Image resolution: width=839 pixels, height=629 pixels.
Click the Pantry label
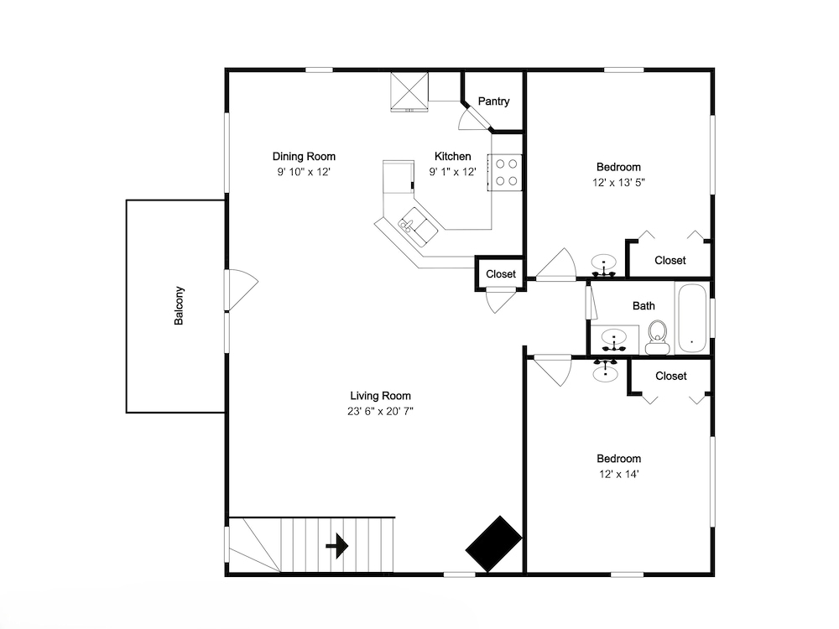click(x=493, y=101)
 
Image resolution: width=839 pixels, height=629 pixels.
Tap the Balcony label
click(x=179, y=305)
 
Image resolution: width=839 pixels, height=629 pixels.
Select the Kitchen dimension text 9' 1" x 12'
click(x=453, y=172)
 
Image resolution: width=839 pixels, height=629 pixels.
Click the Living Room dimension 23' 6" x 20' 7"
click(x=380, y=411)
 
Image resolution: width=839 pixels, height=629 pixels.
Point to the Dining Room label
click(x=304, y=157)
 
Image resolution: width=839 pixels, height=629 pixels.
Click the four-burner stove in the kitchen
click(x=504, y=172)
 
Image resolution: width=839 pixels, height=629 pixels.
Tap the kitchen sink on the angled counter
click(x=417, y=226)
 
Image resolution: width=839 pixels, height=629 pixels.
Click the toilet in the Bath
click(x=658, y=337)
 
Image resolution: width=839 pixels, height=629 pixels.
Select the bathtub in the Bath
click(x=692, y=318)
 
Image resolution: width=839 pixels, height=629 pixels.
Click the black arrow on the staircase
click(x=337, y=546)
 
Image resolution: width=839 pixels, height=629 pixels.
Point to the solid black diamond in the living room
click(x=493, y=543)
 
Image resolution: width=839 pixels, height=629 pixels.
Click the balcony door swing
click(x=242, y=289)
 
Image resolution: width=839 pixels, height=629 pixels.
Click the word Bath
click(x=644, y=306)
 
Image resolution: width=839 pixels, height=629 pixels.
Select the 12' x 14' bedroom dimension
click(x=618, y=474)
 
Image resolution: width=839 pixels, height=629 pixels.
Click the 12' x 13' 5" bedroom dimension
click(x=618, y=182)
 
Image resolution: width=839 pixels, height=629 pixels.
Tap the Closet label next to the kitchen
click(x=501, y=274)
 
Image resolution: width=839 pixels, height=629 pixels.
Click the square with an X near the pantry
click(x=409, y=91)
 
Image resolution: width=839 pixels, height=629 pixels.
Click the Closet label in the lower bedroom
click(x=670, y=376)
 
